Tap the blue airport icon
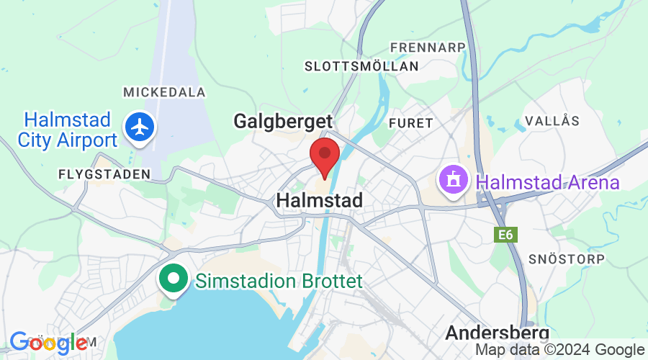[140, 127]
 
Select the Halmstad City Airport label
[68, 130]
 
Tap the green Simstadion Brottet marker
[174, 280]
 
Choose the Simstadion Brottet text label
[279, 281]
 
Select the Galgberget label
[283, 121]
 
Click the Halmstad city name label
[319, 200]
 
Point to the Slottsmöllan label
[361, 66]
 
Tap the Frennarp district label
[428, 48]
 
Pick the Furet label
[410, 123]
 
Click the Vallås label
[552, 120]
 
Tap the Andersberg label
[497, 333]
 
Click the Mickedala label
[164, 92]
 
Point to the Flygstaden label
[104, 174]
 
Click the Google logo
[49, 343]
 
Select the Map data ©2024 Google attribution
[560, 350]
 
